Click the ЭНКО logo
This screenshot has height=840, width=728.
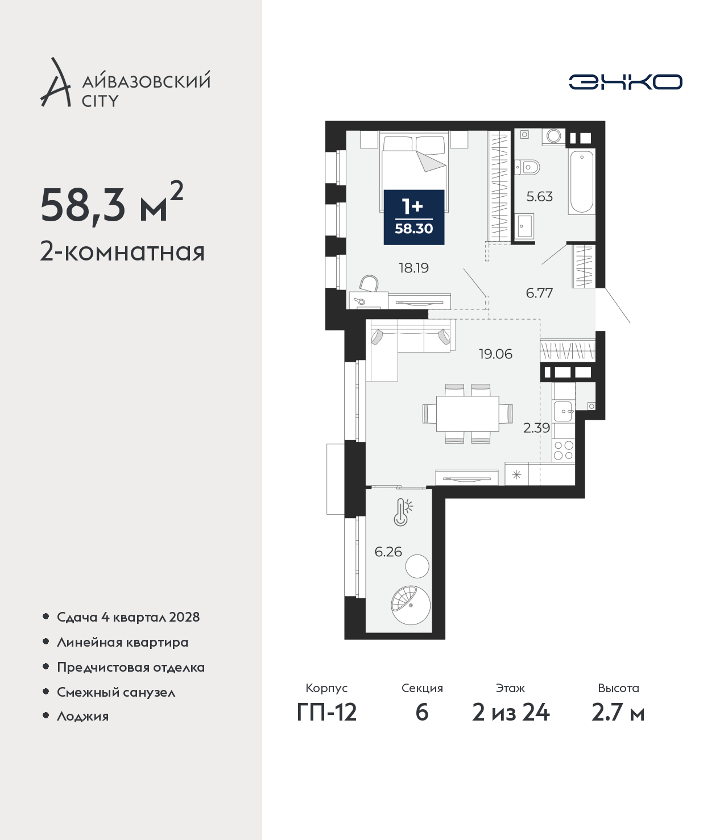click(625, 82)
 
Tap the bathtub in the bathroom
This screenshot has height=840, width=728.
click(582, 181)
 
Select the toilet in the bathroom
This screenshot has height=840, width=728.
click(528, 167)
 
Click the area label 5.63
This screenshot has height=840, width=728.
click(539, 197)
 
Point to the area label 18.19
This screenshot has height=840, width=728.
click(414, 268)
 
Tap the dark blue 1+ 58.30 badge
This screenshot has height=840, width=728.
click(414, 217)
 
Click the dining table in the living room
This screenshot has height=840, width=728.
click(468, 413)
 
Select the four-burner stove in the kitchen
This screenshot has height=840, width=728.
click(564, 450)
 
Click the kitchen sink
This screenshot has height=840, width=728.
click(564, 412)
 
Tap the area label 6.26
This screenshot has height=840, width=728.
click(388, 552)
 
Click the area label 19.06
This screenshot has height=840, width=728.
click(495, 354)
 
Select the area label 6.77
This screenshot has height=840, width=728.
click(539, 293)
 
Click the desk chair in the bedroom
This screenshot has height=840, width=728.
click(370, 284)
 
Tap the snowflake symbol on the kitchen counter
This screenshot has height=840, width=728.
click(516, 475)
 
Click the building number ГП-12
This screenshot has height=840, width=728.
click(327, 713)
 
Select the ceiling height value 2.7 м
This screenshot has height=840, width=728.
click(618, 713)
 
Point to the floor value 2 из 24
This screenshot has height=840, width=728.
click(511, 713)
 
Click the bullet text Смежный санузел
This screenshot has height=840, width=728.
click(116, 692)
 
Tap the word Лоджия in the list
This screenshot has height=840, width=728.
click(83, 717)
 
